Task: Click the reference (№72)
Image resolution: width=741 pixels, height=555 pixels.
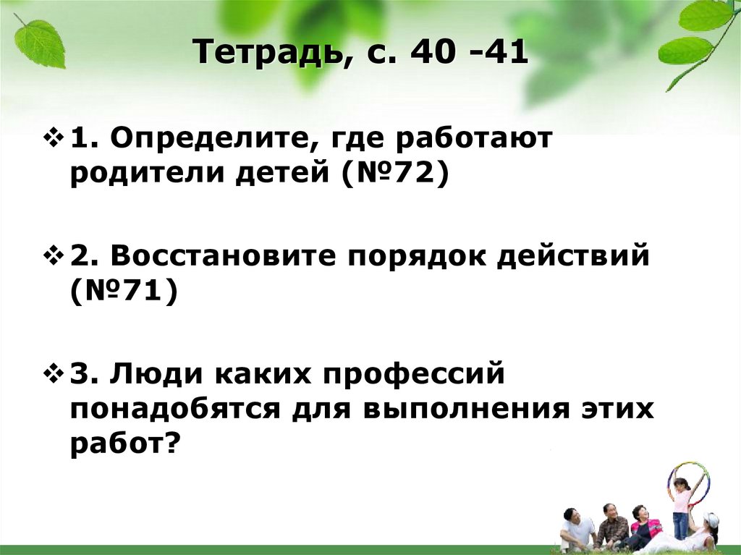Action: (x=390, y=175)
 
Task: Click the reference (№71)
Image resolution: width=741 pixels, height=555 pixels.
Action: (x=124, y=295)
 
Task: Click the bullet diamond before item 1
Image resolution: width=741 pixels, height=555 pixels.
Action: (x=56, y=137)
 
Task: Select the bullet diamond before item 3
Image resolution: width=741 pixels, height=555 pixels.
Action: (x=56, y=376)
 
